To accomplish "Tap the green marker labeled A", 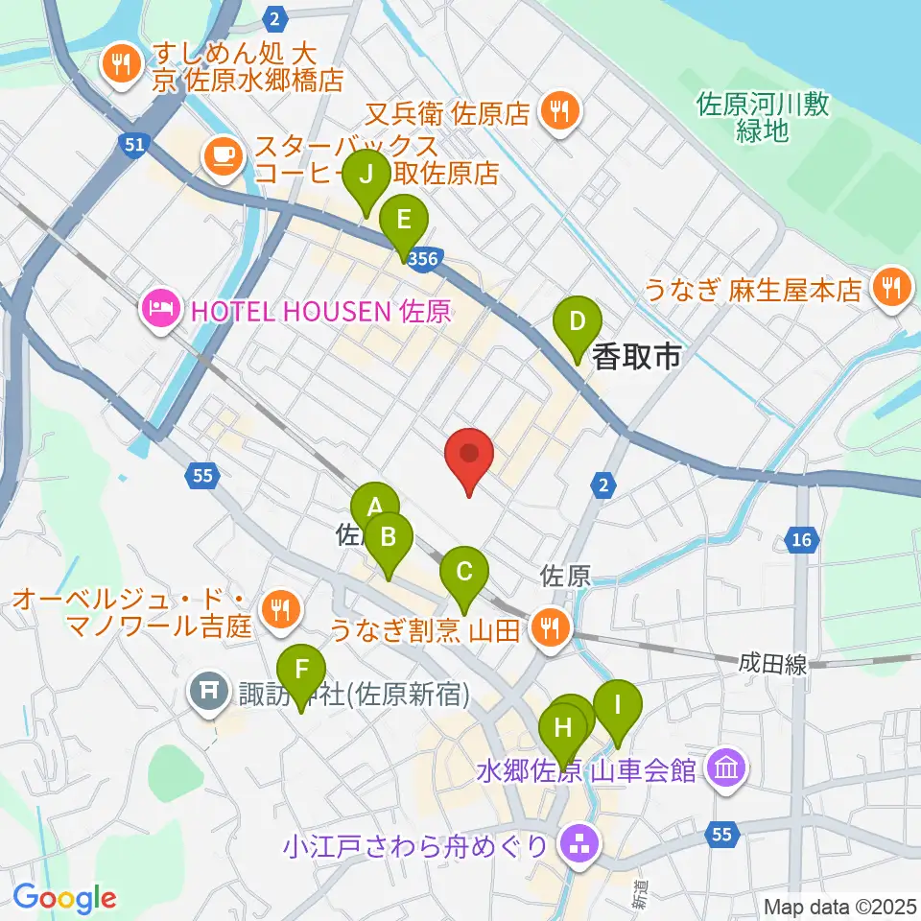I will pos(374,508).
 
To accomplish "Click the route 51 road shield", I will pos(135,144).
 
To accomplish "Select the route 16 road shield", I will pos(801,541).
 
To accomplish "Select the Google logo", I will pos(65,897).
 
